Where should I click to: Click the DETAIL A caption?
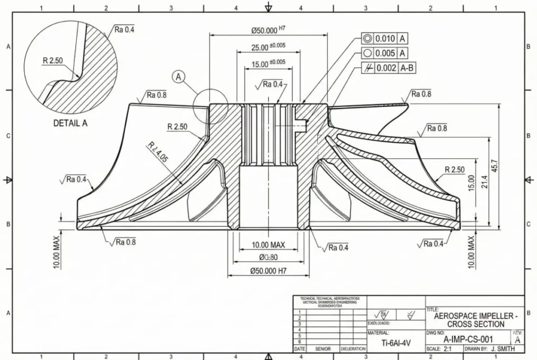70,124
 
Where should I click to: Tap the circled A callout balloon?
178,77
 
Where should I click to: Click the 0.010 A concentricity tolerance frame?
385,39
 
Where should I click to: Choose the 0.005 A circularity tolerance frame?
385,53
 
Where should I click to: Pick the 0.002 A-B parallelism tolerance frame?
388,68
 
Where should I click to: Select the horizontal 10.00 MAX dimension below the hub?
268,245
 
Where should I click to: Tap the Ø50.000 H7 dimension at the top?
268,30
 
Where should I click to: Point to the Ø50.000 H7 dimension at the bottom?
268,271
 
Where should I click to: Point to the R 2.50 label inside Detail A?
52,61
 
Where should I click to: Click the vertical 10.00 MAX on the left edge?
57,252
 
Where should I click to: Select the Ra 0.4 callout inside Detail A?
124,30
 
